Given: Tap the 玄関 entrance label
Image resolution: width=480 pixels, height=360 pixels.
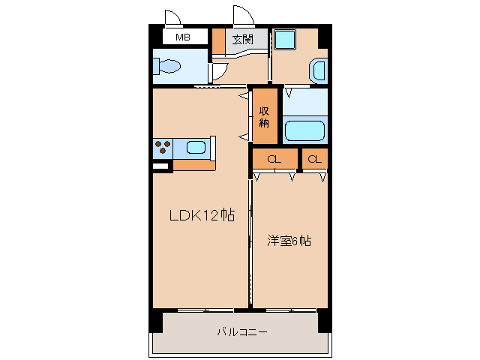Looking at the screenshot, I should [241, 39].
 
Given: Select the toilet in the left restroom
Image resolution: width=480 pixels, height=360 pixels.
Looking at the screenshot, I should [167, 67].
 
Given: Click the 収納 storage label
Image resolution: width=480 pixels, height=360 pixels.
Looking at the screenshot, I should [264, 117].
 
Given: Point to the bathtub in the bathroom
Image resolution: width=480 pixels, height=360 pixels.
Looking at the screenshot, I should [304, 130].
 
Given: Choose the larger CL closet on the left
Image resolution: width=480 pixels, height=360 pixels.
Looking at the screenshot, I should [274, 159].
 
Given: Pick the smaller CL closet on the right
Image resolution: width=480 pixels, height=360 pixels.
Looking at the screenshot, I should [315, 159].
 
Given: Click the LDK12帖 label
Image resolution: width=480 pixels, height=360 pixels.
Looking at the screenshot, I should [202, 216].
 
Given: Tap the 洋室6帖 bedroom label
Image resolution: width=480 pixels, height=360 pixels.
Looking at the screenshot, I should [289, 241].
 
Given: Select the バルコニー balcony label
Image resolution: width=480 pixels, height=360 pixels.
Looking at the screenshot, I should [241, 331].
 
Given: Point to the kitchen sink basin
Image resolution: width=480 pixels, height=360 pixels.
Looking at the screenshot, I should [196, 148].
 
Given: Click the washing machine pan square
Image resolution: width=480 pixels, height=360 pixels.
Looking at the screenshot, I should [285, 40].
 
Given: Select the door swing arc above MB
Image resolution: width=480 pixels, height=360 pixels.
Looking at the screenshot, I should [172, 18].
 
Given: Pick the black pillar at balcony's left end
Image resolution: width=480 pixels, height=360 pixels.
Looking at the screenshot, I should [155, 320].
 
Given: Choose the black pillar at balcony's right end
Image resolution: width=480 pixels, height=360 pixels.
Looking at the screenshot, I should [324, 320].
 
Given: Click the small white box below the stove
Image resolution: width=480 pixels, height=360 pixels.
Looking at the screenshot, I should [160, 166].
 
